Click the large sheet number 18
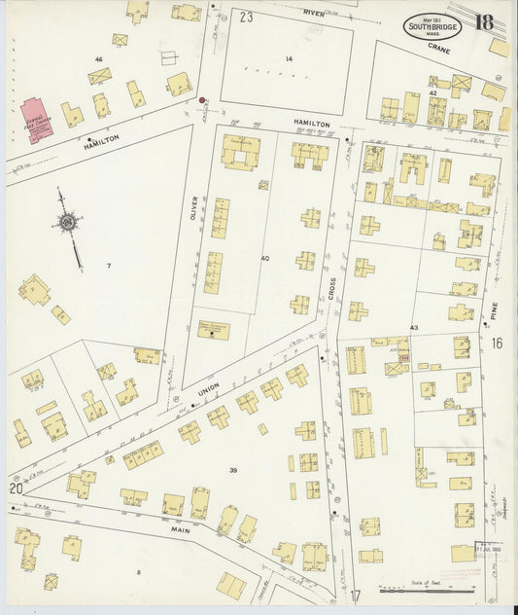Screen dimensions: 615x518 coord(483,22)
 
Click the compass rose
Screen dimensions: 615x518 coord(67,224)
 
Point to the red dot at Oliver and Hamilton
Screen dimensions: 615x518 coord(202,99)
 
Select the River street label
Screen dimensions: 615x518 coord(313,12)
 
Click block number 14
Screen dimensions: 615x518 coord(288,59)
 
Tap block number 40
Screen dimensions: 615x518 coord(264,258)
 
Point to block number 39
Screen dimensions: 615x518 coord(232,470)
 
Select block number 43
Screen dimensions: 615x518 coord(414,328)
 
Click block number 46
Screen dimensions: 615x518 coord(98,59)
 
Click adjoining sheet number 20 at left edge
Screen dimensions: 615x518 coord(15,488)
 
